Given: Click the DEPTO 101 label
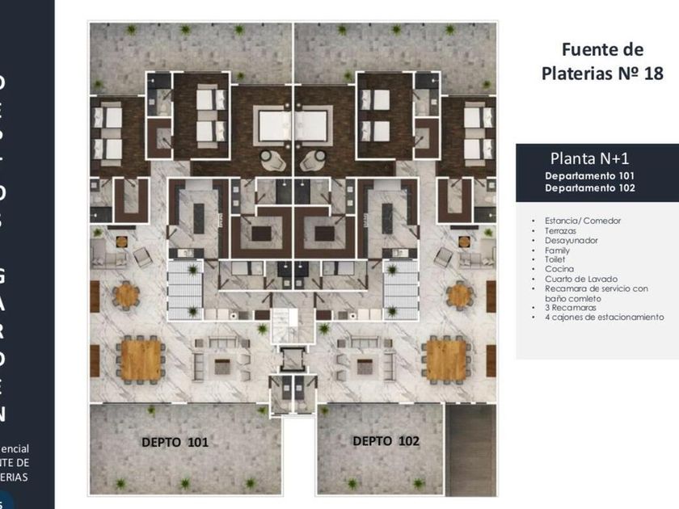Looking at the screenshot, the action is click(x=175, y=442).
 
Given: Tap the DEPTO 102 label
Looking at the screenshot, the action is click(x=386, y=440).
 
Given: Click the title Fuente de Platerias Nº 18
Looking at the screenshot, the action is click(x=601, y=61).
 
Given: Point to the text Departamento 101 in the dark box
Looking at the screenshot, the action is click(x=588, y=175).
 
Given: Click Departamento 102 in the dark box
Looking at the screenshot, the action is click(x=588, y=187).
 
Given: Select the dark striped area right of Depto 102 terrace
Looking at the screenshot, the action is click(x=473, y=448).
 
